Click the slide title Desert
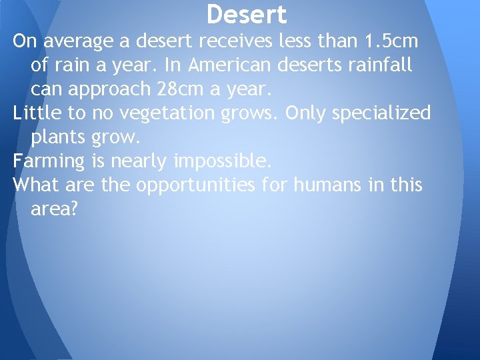pyautogui.click(x=247, y=15)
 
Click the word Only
pyautogui.click(x=306, y=114)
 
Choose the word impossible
pyautogui.click(x=223, y=161)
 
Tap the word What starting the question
pyautogui.click(x=35, y=184)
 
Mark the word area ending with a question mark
pyautogui.click(x=54, y=209)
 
